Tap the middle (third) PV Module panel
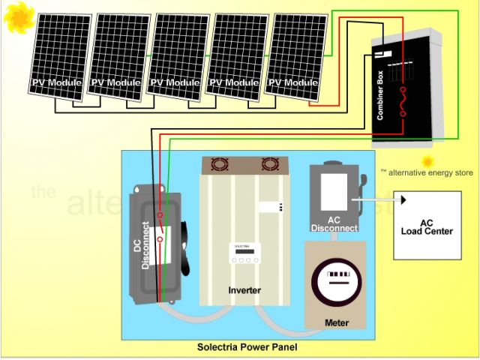click(x=178, y=57)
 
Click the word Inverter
click(x=244, y=290)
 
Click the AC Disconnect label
click(x=334, y=223)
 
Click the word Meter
click(x=337, y=322)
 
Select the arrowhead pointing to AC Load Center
click(x=403, y=199)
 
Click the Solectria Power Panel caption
click(x=247, y=347)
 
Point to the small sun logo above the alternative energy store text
click(x=427, y=161)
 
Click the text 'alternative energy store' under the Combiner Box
click(x=430, y=172)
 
